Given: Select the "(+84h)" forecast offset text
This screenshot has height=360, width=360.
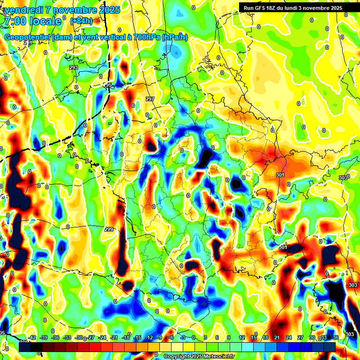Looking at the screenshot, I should click(81, 21).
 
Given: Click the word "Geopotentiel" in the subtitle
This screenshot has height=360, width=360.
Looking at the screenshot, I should click(27, 37).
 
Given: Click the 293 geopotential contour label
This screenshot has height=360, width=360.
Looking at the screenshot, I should click(74, 68).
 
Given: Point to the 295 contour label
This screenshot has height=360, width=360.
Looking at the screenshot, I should click(108, 85).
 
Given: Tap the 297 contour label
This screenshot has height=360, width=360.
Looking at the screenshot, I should click(150, 99).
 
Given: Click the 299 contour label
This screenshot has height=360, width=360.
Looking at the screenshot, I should click(109, 229).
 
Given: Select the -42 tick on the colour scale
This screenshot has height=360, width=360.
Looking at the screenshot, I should click(32, 337).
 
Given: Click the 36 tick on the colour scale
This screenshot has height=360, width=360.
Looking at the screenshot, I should click(336, 337).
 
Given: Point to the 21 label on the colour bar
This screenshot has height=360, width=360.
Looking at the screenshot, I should click(277, 337).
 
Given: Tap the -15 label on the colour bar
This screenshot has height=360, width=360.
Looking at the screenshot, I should click(137, 337).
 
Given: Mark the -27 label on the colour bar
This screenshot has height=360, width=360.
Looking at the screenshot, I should click(90, 337).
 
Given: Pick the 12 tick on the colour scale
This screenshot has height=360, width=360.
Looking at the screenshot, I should click(241, 337).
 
